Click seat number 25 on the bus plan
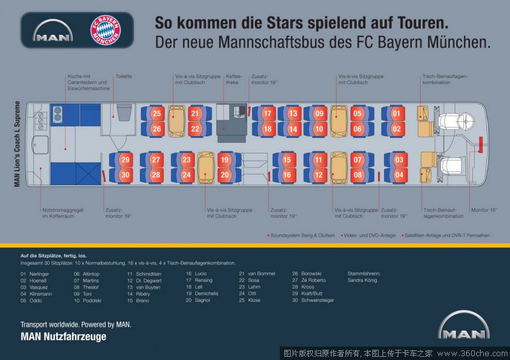[x=157, y=113]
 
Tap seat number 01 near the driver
[x=397, y=113]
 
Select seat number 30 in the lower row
[x=126, y=175]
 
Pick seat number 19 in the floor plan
[x=224, y=159]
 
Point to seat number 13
[x=293, y=113]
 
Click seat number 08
[x=358, y=175]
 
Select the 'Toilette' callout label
[x=123, y=76]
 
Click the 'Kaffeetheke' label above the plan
[x=233, y=79]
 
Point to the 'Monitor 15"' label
[x=484, y=210]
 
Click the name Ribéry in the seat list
[x=143, y=294]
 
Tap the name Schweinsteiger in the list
[x=317, y=300]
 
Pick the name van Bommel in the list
[x=261, y=273]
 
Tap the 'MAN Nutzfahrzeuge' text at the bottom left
[x=63, y=336]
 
